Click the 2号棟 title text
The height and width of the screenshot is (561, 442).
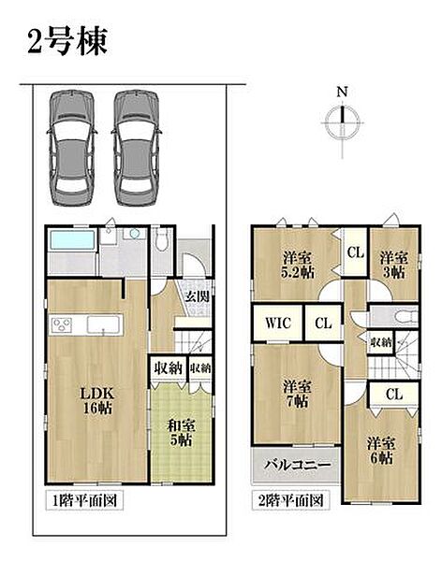click(67, 41)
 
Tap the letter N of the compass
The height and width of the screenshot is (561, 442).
click(343, 92)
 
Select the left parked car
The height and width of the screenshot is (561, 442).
click(72, 148)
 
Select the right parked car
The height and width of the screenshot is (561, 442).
click(137, 148)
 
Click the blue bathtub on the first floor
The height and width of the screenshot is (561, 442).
click(72, 239)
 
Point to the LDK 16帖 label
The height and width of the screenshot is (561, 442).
click(96, 400)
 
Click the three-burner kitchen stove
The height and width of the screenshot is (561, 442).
click(61, 325)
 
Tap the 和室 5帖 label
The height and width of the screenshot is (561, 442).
click(182, 433)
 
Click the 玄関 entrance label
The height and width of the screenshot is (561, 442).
click(198, 296)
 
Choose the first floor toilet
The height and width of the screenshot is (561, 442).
click(162, 240)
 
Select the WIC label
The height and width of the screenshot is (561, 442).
click(278, 324)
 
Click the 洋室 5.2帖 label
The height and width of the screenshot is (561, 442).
click(297, 266)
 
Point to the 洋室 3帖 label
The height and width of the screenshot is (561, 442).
click(394, 265)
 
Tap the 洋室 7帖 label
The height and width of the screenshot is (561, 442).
click(297, 394)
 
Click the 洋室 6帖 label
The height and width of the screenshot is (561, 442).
click(381, 451)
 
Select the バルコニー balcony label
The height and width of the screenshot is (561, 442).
click(297, 465)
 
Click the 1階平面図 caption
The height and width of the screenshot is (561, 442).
click(84, 500)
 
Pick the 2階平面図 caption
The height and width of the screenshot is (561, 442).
click(290, 500)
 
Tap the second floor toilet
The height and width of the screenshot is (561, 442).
click(405, 317)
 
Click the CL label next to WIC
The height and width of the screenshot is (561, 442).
click(323, 324)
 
